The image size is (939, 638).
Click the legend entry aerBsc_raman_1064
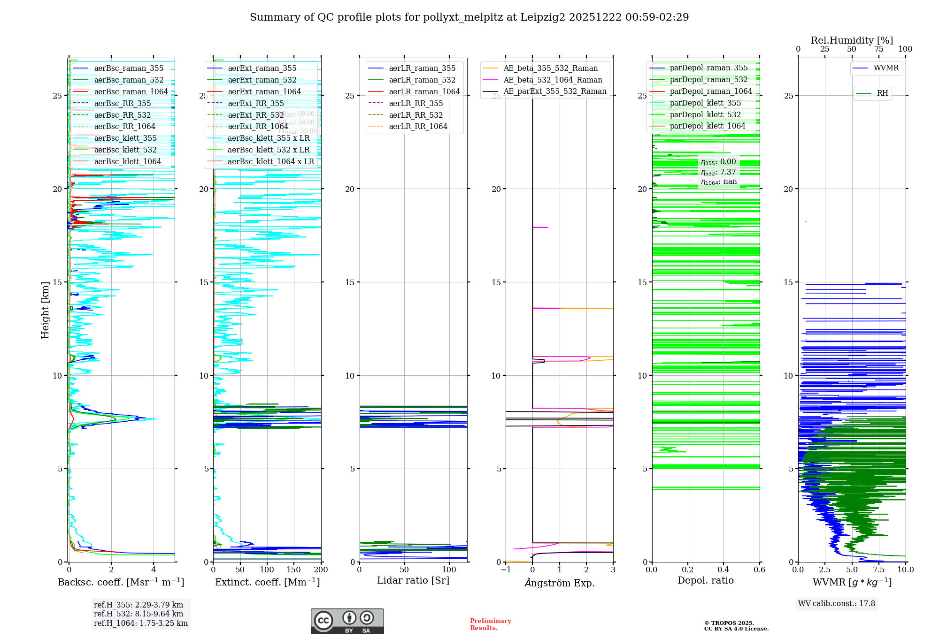[131, 92]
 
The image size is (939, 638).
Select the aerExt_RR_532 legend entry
[256, 115]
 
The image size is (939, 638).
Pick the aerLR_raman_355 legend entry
[422, 68]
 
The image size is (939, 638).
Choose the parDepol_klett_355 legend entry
[705, 103]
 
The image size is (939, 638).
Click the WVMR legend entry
[886, 68]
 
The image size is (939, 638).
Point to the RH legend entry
[882, 93]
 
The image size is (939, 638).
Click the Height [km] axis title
[45, 310]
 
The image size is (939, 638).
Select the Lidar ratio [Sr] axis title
[413, 581]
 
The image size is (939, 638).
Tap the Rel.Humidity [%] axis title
[852, 40]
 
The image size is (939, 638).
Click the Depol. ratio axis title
[705, 581]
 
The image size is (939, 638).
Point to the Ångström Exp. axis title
[559, 583]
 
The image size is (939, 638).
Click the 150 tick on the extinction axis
[294, 570]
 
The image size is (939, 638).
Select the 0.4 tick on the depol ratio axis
[723, 570]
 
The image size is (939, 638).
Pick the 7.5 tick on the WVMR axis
[878, 570]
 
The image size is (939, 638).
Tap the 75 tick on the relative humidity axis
[878, 49]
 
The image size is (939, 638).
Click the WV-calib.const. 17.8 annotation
[837, 604]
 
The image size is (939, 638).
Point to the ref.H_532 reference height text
[139, 614]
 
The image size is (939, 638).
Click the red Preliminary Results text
[490, 624]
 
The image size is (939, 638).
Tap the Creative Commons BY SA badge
[347, 622]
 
